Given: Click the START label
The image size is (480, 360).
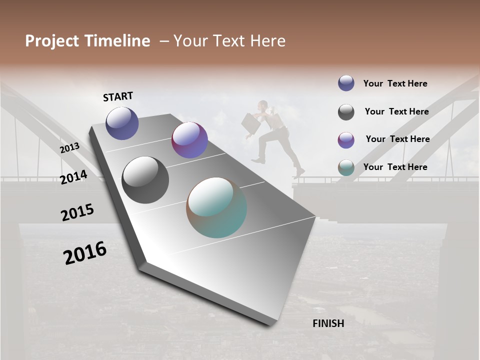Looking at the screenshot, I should point(118,96).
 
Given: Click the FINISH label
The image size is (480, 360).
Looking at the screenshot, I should point(328,323).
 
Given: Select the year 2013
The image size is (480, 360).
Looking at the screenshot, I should point(69,148).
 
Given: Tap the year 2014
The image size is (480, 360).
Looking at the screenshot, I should point(73,177).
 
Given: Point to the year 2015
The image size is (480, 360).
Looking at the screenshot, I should point(77,212).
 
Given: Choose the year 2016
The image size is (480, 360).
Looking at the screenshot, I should point(85,253).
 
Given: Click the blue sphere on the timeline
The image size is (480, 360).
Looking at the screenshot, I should point(122,123).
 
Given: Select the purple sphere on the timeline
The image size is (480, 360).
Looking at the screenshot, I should point(189,140).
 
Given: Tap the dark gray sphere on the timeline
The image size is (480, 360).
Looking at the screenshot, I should point(145,180).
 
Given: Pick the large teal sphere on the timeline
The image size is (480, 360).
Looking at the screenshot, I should point(216,207).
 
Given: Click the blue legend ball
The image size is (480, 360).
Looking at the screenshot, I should point(346,83).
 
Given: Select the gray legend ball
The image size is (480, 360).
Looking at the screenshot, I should point(346,112).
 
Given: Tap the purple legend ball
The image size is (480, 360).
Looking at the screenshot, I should point(346,140).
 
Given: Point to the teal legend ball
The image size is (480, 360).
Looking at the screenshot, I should point(346,167).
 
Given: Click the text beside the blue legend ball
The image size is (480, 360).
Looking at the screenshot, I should point(395,83).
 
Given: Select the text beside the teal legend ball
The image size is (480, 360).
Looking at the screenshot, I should point(395,167).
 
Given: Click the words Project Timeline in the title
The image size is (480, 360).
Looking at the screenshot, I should point(87,41).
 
